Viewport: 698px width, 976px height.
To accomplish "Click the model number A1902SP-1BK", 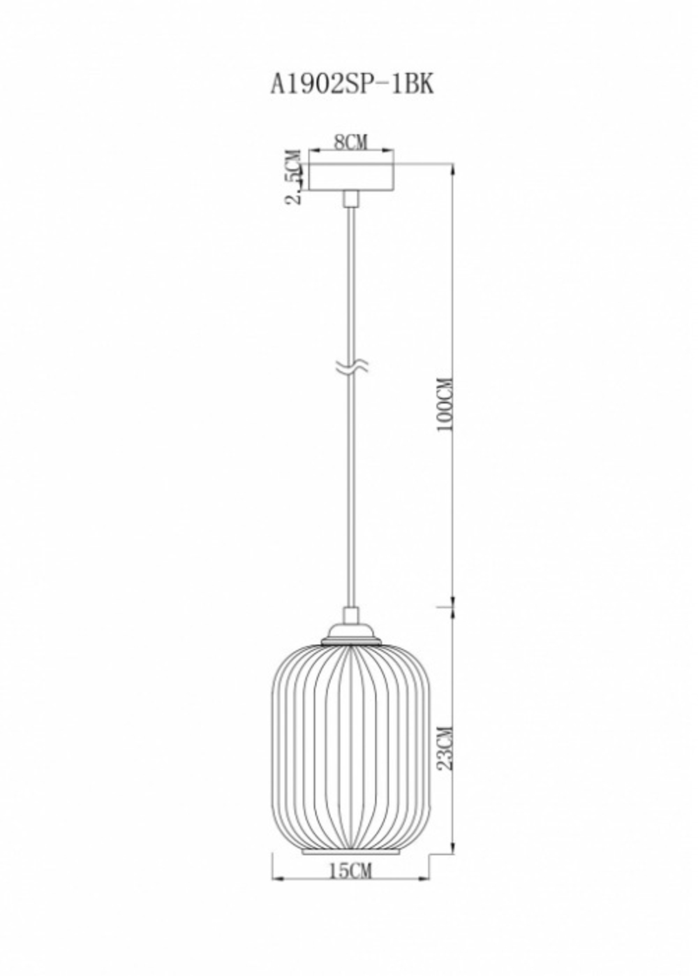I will (352, 85).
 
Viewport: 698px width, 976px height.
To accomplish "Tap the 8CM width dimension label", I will (350, 142).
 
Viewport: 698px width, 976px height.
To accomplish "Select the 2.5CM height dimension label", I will (294, 177).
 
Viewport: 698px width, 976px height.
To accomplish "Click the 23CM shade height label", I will (445, 748).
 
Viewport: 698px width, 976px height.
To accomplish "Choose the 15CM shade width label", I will (350, 871).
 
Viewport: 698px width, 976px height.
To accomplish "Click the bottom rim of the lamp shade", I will (352, 852).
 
